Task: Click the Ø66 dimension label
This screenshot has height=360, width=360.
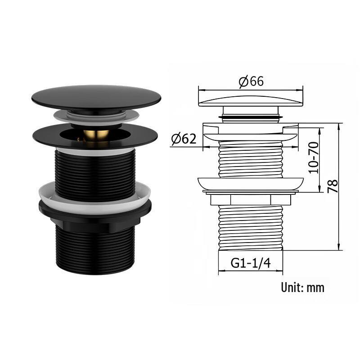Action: point(251,81)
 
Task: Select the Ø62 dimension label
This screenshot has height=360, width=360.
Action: point(184,139)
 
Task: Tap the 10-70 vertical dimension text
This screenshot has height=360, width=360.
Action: point(314,157)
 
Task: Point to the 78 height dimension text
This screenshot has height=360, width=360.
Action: point(333,185)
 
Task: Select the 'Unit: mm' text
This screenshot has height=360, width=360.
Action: point(302,287)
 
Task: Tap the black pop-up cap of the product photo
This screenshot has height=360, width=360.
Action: point(96,96)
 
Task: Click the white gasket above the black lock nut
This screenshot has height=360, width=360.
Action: point(94,193)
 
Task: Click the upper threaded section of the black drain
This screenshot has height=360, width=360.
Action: point(94,173)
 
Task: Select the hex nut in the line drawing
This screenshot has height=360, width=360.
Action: point(251,199)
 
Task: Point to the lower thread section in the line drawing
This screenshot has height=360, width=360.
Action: point(251,227)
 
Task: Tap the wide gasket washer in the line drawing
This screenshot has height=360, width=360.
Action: point(251,183)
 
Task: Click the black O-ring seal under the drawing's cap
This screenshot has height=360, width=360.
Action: point(251,117)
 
